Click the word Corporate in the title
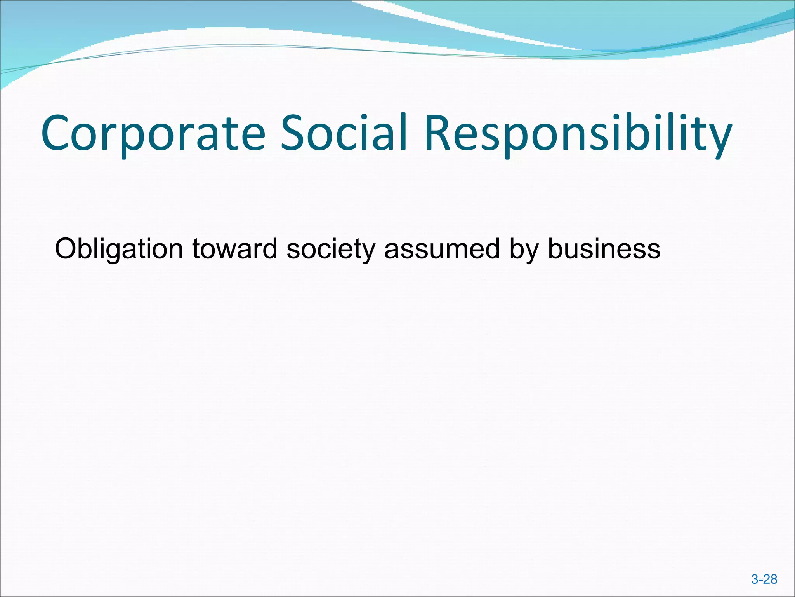click(x=153, y=133)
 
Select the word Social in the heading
click(x=344, y=133)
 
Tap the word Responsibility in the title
click(x=578, y=133)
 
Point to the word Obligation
click(x=119, y=250)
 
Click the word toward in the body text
click(x=234, y=249)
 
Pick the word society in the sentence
click(x=330, y=250)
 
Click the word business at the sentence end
click(x=604, y=249)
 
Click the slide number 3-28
click(x=764, y=580)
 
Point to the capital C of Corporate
click(x=57, y=133)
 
